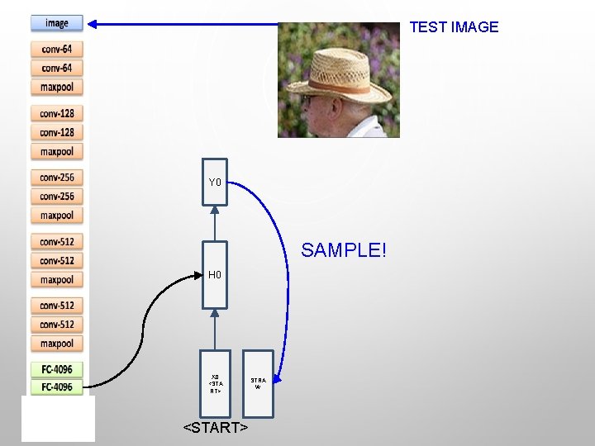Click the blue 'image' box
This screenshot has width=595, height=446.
[57, 23]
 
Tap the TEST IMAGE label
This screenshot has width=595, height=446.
[454, 26]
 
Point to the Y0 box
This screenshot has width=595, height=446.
[215, 182]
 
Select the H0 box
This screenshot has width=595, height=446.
[215, 274]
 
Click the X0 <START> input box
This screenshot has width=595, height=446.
[215, 382]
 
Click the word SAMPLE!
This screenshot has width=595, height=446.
[344, 249]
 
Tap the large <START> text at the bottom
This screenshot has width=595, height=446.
[215, 428]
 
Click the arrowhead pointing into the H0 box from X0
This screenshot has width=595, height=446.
[215, 314]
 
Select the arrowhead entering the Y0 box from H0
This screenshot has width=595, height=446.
[215, 210]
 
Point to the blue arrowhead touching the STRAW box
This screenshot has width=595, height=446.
[279, 378]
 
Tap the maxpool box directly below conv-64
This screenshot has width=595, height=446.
[57, 88]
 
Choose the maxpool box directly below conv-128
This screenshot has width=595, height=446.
[57, 151]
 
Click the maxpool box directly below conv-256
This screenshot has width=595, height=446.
[57, 216]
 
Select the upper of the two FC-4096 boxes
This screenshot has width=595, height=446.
[57, 369]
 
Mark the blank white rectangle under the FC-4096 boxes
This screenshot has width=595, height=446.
[58, 418]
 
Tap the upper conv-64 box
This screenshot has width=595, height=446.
[57, 50]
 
